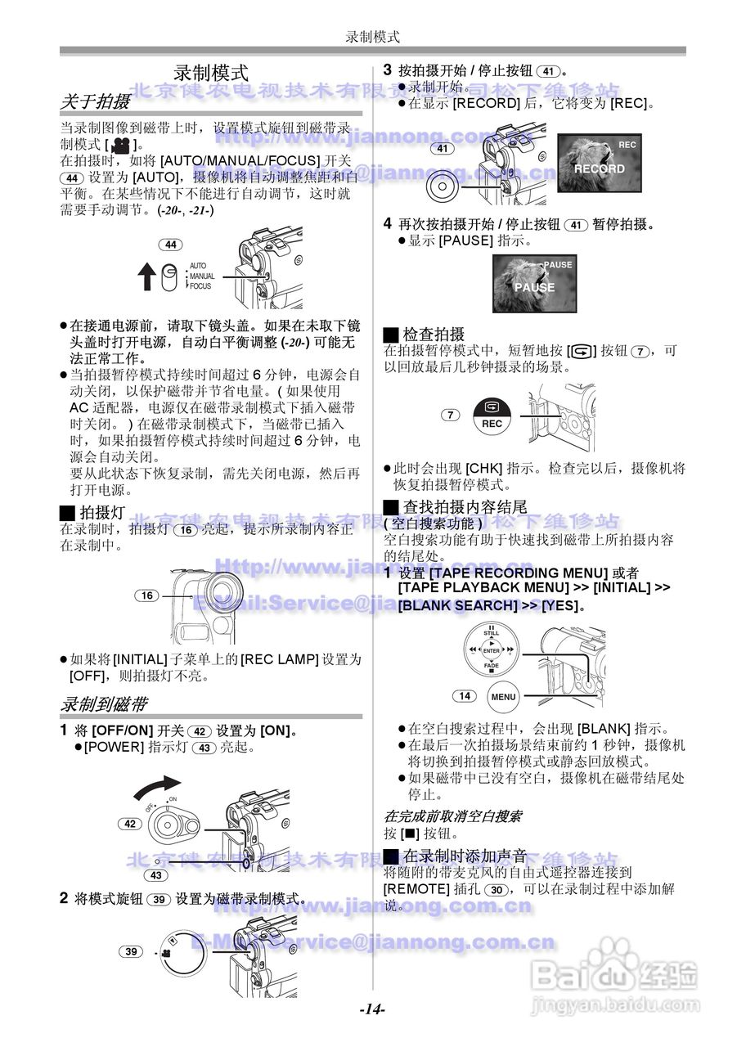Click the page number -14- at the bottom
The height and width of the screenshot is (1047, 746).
coord(372,1009)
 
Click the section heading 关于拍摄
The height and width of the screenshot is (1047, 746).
coord(95,101)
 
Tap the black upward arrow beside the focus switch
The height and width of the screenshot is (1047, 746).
coord(146,276)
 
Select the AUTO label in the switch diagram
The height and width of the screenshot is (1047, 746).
coord(198,266)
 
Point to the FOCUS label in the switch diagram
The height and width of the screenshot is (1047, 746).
coord(200,286)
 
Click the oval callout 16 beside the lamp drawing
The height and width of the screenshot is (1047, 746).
coord(147,595)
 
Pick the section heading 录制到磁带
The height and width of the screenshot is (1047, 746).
coord(104,703)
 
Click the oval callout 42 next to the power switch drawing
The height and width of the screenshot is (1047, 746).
coord(130,824)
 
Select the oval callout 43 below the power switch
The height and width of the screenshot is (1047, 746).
coord(156,874)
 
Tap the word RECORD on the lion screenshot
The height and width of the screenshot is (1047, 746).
coord(599,169)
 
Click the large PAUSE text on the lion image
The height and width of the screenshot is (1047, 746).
coord(534,288)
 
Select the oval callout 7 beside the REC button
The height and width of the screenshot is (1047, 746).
coord(451,415)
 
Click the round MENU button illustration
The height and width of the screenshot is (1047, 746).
coord(503,697)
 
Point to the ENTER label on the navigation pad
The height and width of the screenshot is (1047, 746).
coord(491,650)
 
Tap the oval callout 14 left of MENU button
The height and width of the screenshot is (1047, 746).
coord(464,696)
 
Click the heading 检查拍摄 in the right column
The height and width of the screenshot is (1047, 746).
coord(433,334)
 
